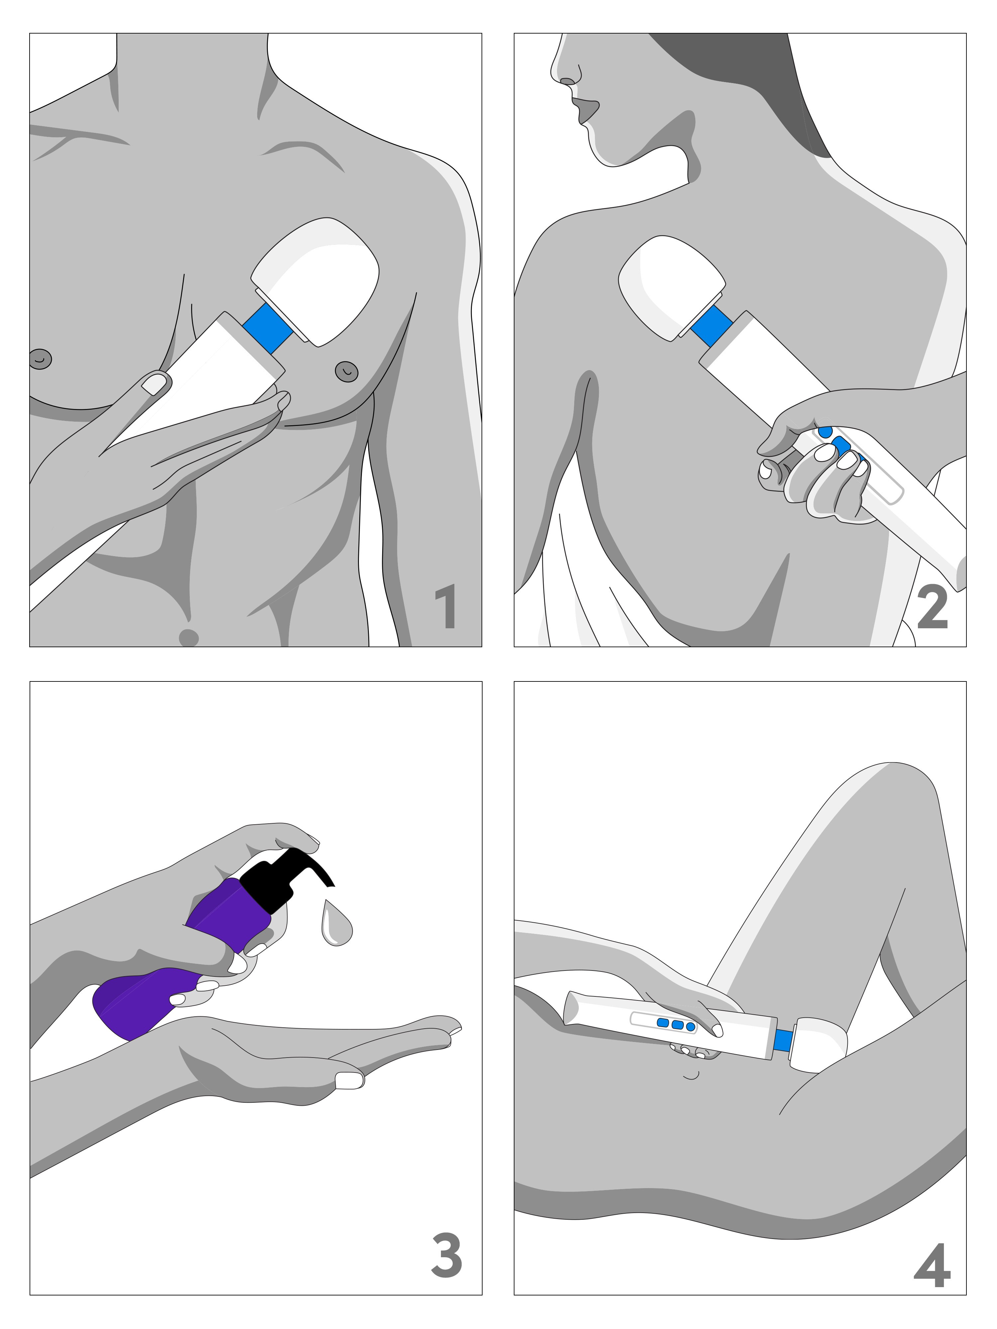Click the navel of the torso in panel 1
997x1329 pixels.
coord(189,638)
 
